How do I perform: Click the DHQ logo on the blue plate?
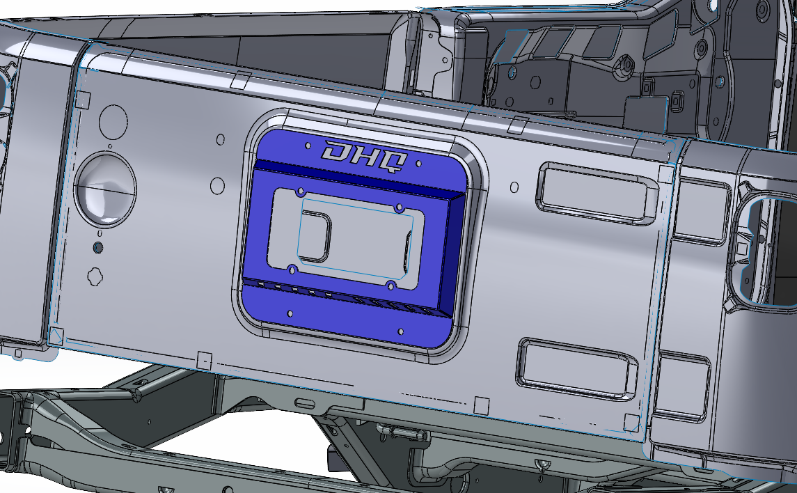(x=365, y=157)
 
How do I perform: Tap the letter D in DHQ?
(x=337, y=150)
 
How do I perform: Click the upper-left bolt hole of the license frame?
(x=301, y=191)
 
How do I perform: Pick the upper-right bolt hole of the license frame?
(x=400, y=208)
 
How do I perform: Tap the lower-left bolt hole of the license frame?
(x=292, y=269)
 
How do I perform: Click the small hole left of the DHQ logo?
(x=308, y=146)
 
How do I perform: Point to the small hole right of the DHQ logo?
(x=418, y=164)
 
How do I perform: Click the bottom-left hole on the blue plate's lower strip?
(x=290, y=313)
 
